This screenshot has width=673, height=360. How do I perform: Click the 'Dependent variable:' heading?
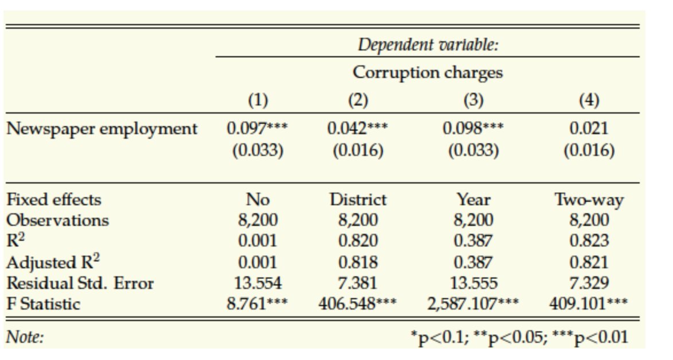click(428, 45)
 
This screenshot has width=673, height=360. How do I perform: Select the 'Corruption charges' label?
click(428, 73)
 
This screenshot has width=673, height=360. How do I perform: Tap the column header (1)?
click(257, 100)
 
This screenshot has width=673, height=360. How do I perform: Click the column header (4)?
click(589, 100)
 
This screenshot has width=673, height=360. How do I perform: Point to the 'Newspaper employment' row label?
click(101, 129)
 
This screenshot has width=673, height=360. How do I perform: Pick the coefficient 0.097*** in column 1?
click(257, 128)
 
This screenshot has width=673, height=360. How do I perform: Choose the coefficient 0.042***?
click(357, 128)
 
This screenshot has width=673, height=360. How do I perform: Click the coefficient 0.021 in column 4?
click(589, 128)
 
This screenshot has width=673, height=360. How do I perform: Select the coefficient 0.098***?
click(474, 128)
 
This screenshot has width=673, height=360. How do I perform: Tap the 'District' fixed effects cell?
click(357, 199)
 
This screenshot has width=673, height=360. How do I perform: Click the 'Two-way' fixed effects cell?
click(589, 199)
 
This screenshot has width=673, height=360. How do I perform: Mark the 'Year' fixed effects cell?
click(474, 199)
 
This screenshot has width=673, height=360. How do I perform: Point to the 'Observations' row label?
click(57, 220)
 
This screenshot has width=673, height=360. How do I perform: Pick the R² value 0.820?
click(357, 241)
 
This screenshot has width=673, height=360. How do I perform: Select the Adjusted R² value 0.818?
click(357, 262)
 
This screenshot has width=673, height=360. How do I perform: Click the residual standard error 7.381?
click(357, 283)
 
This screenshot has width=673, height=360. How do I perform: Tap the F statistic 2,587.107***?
click(474, 303)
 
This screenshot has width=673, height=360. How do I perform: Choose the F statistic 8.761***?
click(257, 303)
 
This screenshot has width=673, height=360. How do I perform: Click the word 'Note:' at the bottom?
click(25, 338)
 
